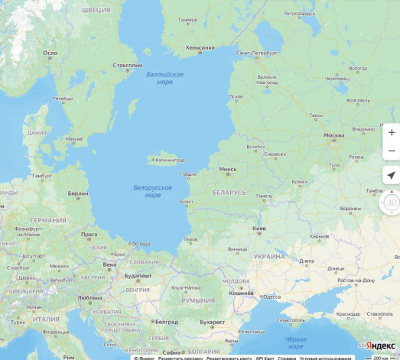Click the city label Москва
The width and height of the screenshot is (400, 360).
pos(333,135)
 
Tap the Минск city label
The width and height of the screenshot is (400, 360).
pos(227,169)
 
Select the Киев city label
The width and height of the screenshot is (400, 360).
pos(259,228)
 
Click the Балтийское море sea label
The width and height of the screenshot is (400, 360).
pos(164,77)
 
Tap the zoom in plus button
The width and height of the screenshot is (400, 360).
pos(392,132)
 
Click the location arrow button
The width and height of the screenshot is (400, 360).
pos(392,175)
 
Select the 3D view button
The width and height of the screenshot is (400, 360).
pos(391,203)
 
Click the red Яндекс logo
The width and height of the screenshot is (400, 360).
pos(379,345)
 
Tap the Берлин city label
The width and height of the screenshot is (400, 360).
pos(78,194)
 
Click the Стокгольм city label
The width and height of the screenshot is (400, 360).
pos(128,66)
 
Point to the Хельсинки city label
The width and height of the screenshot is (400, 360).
pos(200,47)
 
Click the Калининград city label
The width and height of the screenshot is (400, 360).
pos(169,160)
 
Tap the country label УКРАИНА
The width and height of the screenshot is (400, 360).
pos(269,256)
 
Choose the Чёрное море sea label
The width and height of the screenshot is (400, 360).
pos(295,340)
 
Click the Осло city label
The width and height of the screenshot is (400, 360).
pos(50,54)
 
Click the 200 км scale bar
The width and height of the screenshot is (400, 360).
pos(379,357)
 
